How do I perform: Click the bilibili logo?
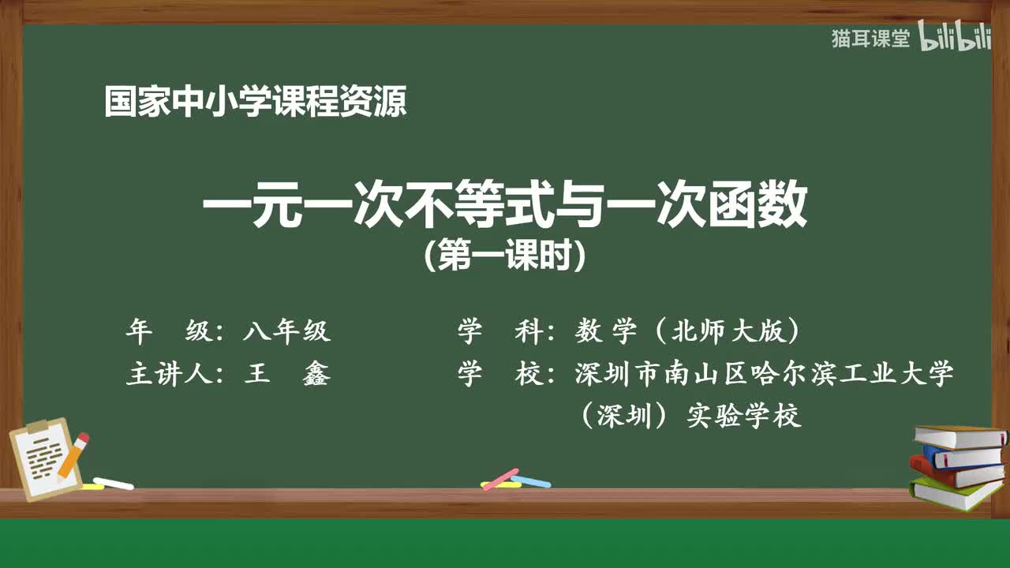coord(955,39)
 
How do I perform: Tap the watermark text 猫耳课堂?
coord(870,39)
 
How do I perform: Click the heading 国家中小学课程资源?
coord(256,103)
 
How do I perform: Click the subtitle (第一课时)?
coord(505,256)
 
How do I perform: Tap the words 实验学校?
coord(744,416)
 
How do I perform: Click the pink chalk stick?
coord(500,478)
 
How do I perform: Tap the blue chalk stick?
coord(531,480)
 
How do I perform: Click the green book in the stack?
coord(955,493)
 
